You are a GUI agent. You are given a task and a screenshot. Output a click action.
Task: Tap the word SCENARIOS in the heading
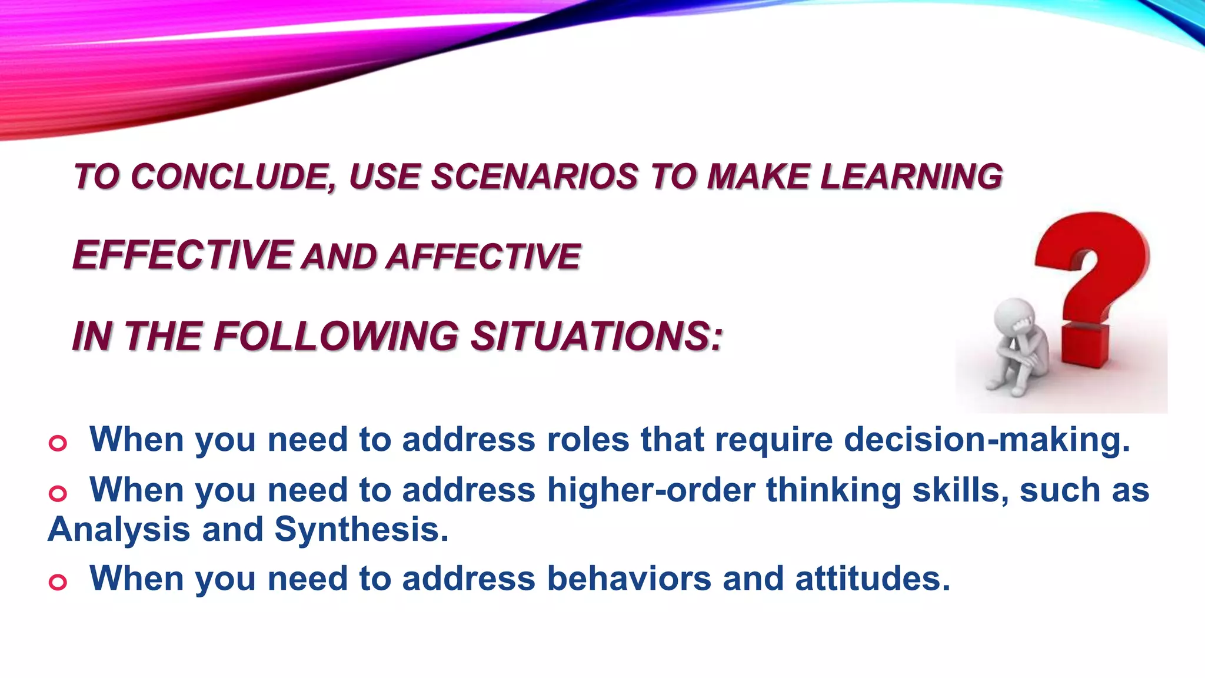coord(534,177)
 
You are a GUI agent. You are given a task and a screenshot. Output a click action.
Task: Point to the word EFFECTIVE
coord(182,255)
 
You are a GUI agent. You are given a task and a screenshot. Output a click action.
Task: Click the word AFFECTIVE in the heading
coord(484,257)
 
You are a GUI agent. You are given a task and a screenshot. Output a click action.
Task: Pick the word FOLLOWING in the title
coord(335,337)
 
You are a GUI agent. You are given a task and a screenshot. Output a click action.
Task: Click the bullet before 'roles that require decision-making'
coord(58,443)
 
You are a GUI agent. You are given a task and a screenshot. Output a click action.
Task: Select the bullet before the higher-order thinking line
coord(58,493)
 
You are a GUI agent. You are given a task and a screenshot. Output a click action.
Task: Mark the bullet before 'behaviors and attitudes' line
coord(58,582)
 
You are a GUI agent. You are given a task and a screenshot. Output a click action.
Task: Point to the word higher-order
coord(651,491)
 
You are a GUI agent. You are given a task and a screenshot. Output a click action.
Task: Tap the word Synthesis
coord(361,530)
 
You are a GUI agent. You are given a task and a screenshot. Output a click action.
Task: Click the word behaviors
coord(629,579)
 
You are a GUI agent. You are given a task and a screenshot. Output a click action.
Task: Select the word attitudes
coord(872,579)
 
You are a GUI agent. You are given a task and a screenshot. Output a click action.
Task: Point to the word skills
coord(960,491)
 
